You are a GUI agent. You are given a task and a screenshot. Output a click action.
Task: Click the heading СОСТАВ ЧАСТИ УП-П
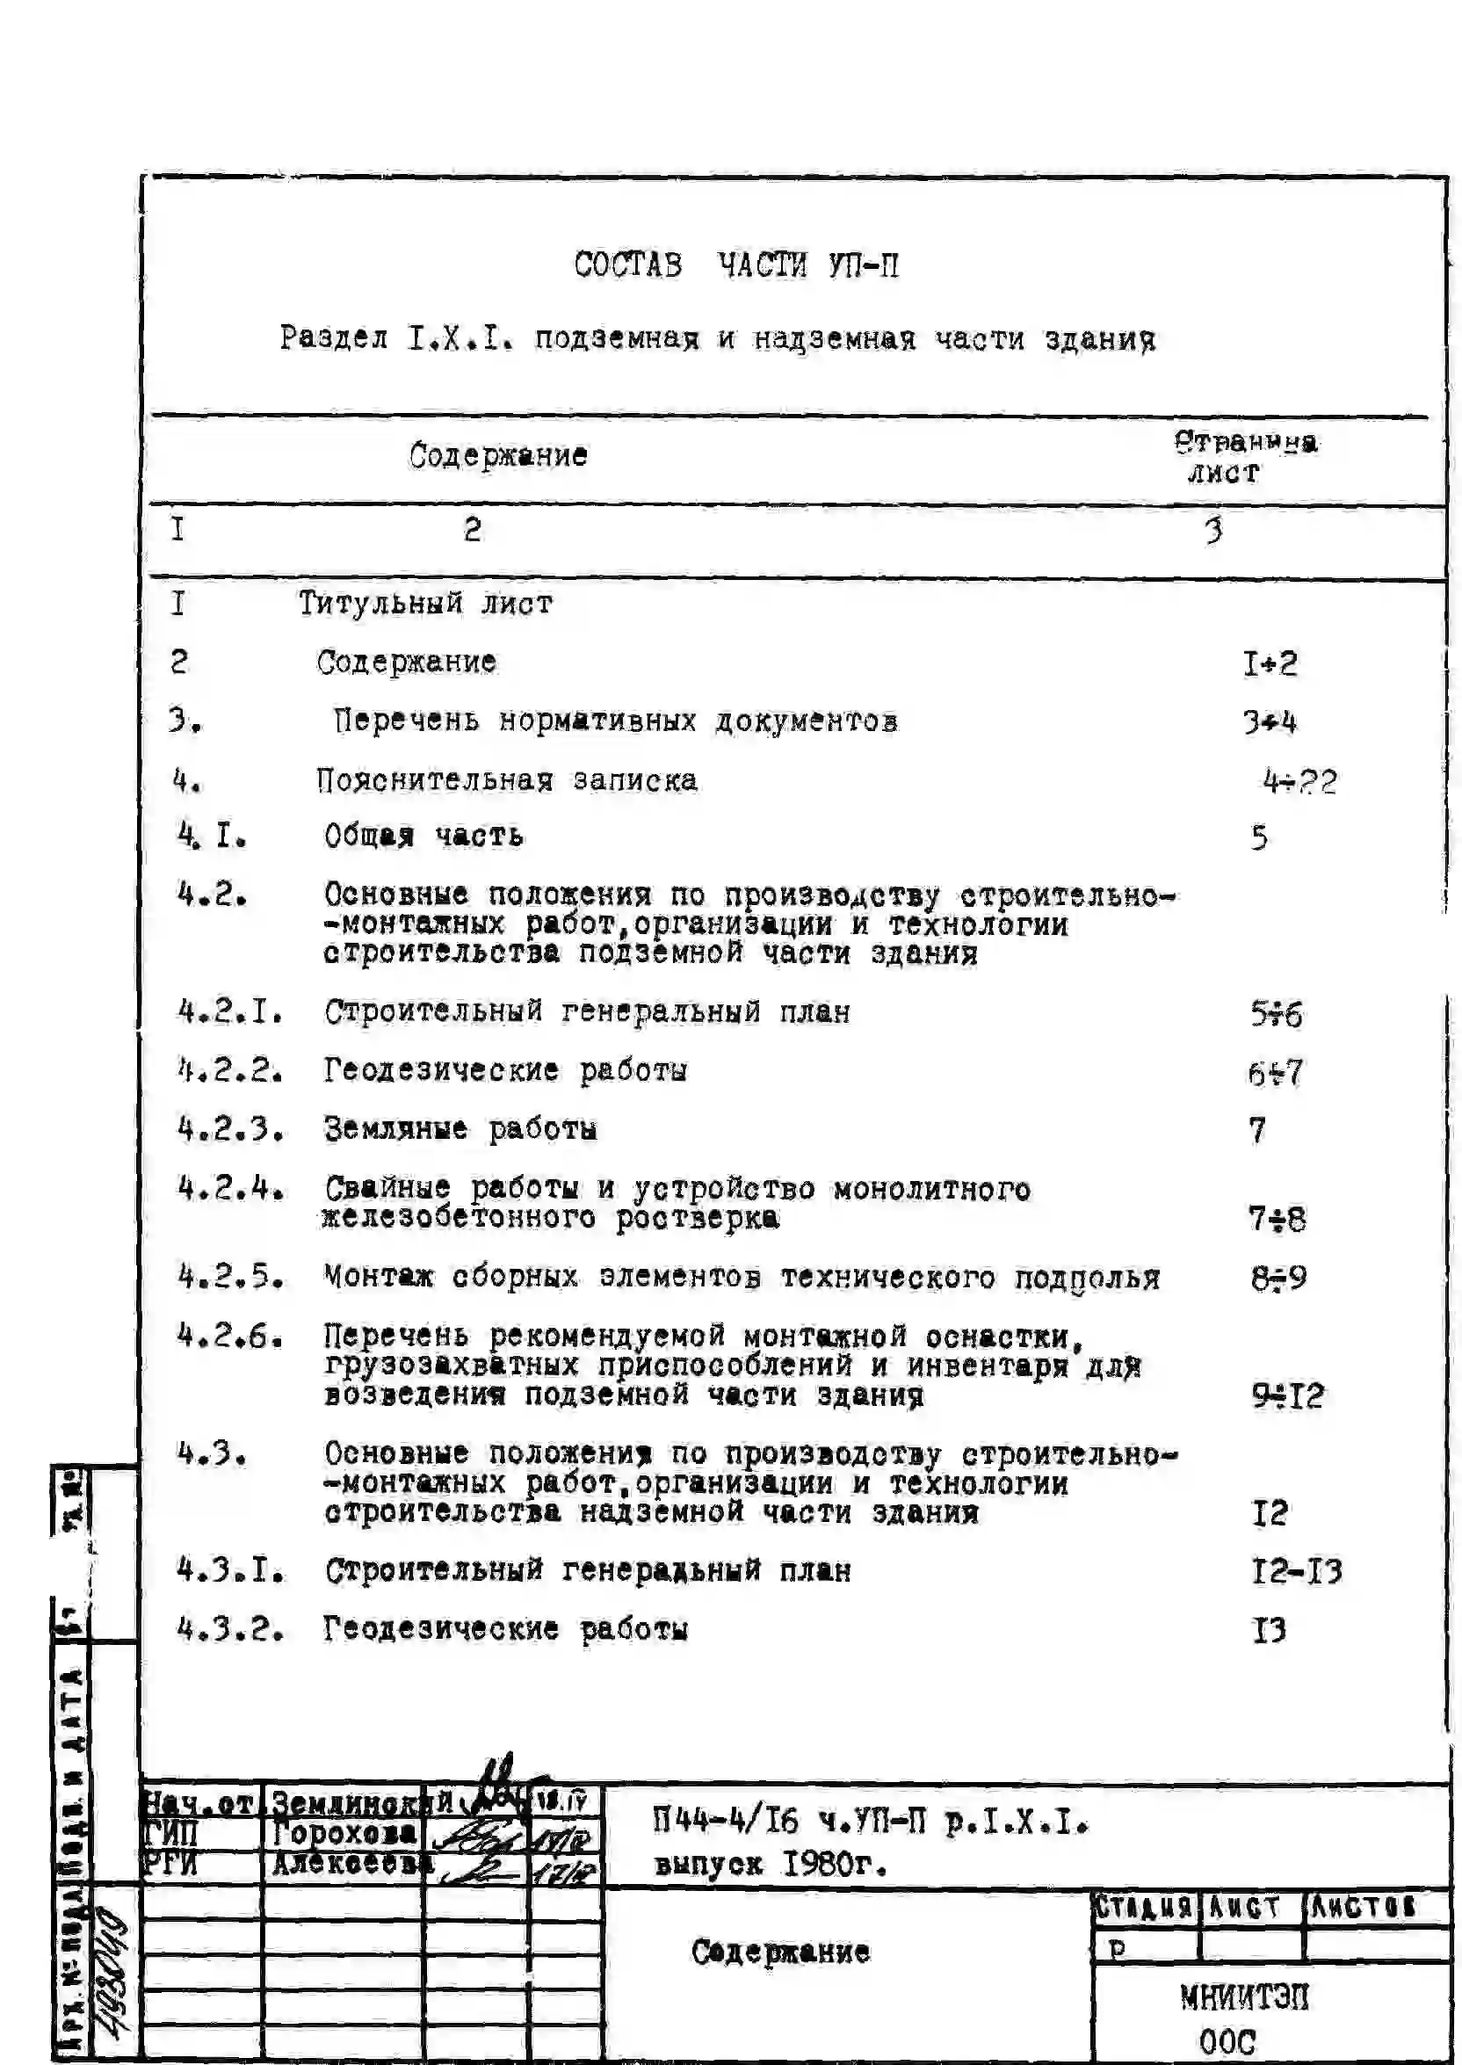pyautogui.click(x=735, y=265)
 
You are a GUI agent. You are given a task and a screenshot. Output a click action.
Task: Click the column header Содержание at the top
pyautogui.click(x=498, y=455)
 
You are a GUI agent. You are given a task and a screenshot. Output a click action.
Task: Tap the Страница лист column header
pyautogui.click(x=1244, y=456)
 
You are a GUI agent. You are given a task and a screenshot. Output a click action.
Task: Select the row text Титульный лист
pyautogui.click(x=425, y=603)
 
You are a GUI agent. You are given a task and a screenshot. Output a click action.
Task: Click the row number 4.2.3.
pyautogui.click(x=230, y=1129)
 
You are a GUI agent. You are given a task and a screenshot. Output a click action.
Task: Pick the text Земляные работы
pyautogui.click(x=460, y=1129)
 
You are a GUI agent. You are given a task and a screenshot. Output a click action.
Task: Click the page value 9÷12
pyautogui.click(x=1287, y=1396)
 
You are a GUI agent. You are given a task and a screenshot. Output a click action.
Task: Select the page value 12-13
pyautogui.click(x=1296, y=1572)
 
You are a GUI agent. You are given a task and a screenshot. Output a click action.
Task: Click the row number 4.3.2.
pyautogui.click(x=230, y=1629)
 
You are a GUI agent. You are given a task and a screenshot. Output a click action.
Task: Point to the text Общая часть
pyautogui.click(x=423, y=837)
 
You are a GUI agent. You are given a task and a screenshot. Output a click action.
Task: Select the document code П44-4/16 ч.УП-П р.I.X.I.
pyautogui.click(x=871, y=1822)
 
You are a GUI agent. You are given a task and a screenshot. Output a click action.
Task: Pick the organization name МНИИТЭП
pyautogui.click(x=1244, y=1998)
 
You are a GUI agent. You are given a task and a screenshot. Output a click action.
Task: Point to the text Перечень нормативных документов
pyautogui.click(x=615, y=721)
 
